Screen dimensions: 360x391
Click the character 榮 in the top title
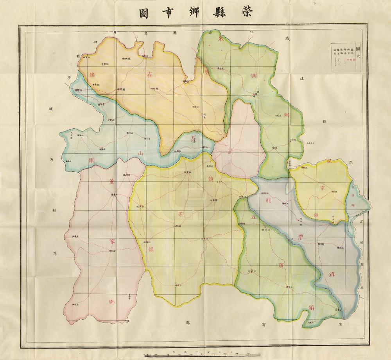(x=251, y=13)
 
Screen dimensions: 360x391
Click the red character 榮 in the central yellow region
(x=181, y=214)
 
